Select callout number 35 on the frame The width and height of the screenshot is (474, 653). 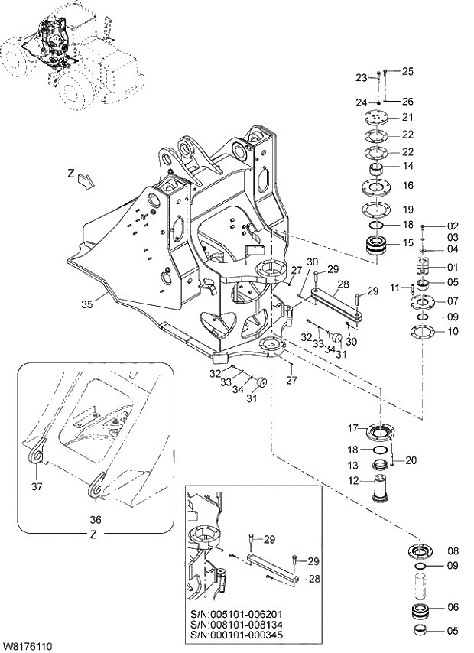pyautogui.click(x=87, y=304)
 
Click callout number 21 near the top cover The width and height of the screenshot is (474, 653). pyautogui.click(x=407, y=117)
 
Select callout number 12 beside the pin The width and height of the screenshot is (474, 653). pyautogui.click(x=353, y=481)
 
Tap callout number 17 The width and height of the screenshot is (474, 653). pyautogui.click(x=353, y=427)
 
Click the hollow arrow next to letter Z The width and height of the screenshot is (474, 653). pyautogui.click(x=88, y=180)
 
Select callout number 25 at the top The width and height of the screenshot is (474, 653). pyautogui.click(x=407, y=71)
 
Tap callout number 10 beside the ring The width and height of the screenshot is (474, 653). pyautogui.click(x=453, y=331)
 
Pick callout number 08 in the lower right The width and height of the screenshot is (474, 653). pyautogui.click(x=453, y=551)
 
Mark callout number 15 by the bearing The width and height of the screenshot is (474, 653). pyautogui.click(x=407, y=243)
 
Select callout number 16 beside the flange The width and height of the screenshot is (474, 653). pyautogui.click(x=407, y=185)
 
